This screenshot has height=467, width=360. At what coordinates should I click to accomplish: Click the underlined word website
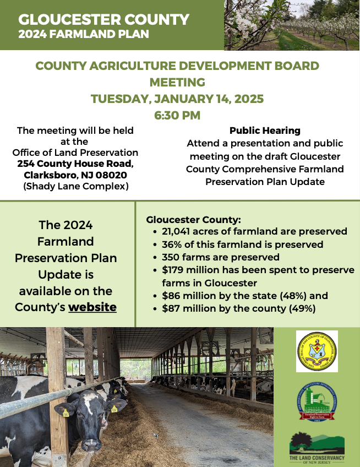click(x=92, y=307)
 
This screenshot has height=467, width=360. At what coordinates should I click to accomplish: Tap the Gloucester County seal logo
click(x=317, y=351)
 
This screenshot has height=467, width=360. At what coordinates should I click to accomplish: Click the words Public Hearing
click(x=265, y=131)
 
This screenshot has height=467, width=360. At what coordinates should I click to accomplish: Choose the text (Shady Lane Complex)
click(x=75, y=186)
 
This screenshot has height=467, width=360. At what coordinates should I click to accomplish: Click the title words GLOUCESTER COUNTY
click(x=103, y=20)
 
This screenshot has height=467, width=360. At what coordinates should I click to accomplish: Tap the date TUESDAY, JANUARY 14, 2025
click(x=177, y=99)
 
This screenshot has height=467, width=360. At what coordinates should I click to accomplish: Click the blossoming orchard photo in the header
click(x=292, y=25)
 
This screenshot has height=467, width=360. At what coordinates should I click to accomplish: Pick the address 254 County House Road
click(x=75, y=164)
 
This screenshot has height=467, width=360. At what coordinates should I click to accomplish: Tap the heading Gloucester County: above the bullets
click(x=186, y=219)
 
